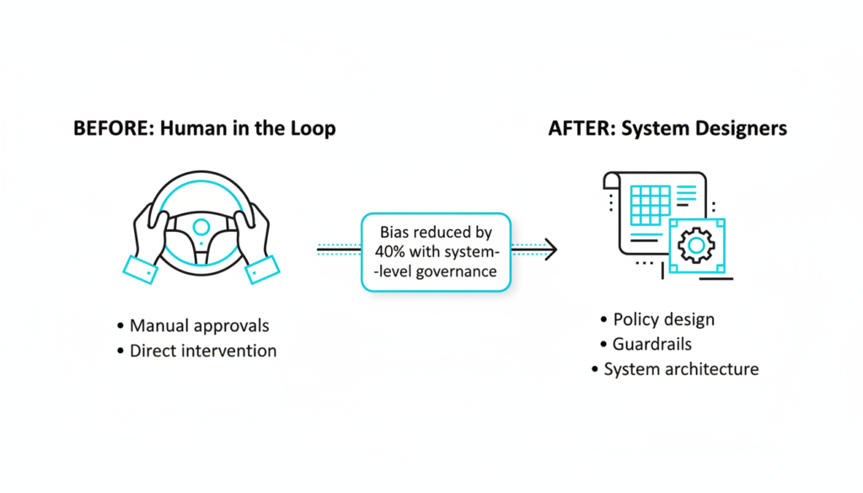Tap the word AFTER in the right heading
[576, 129]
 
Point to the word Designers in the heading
[741, 129]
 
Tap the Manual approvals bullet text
[199, 325]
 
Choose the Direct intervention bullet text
[202, 351]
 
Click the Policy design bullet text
[663, 319]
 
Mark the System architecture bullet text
[681, 369]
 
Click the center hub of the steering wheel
[201, 226]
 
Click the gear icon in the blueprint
[696, 245]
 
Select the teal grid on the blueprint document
[650, 205]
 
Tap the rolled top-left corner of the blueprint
[612, 180]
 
